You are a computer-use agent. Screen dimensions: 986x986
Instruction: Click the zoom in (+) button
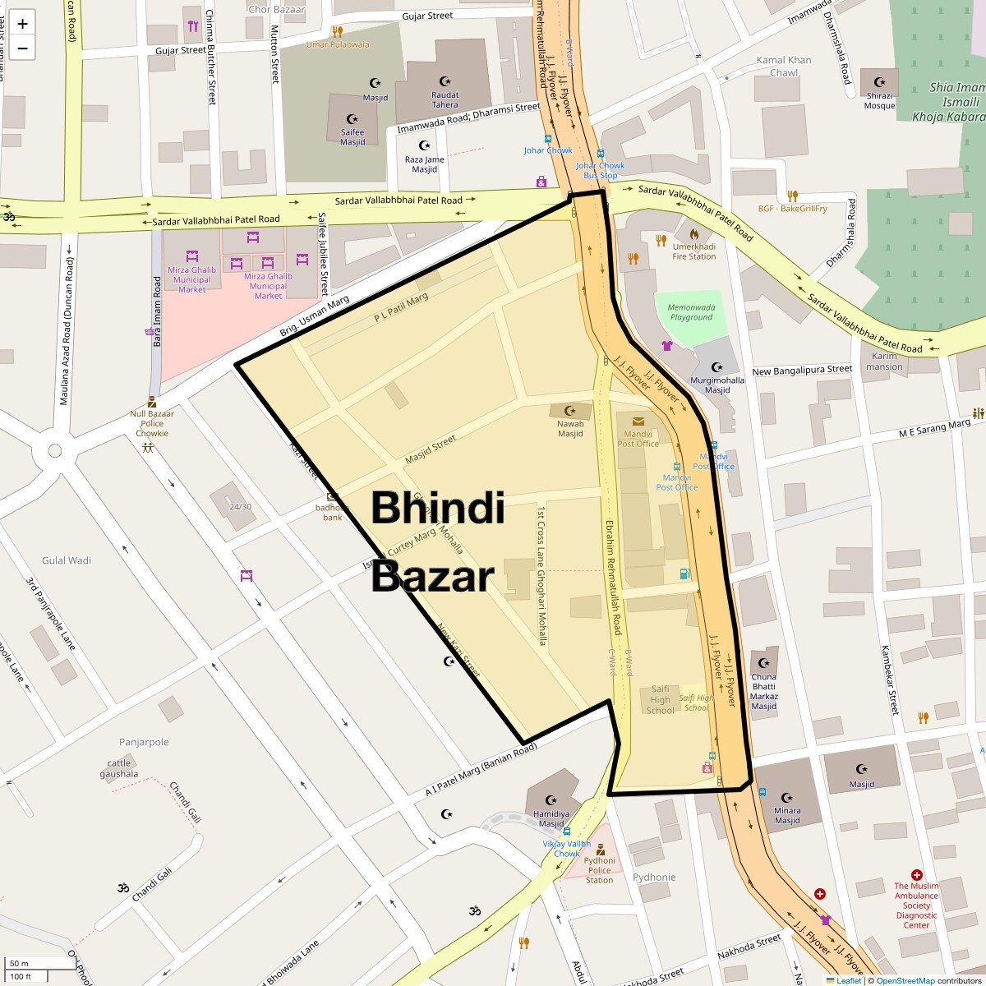[x=22, y=24]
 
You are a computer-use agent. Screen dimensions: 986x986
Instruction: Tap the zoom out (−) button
[x=22, y=48]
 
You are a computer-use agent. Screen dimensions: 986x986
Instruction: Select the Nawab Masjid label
[x=570, y=429]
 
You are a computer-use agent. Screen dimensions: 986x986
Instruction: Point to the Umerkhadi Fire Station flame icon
[x=694, y=233]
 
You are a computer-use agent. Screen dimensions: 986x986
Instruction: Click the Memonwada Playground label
[x=691, y=312]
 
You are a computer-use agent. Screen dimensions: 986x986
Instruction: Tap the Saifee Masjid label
[x=352, y=136]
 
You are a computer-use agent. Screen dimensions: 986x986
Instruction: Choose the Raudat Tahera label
[x=445, y=99]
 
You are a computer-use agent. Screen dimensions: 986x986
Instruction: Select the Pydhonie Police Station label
[x=599, y=870]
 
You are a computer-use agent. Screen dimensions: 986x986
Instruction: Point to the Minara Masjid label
[x=786, y=815]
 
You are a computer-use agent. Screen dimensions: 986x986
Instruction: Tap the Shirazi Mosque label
[x=879, y=100]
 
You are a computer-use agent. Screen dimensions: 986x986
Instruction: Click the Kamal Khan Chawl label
[x=784, y=67]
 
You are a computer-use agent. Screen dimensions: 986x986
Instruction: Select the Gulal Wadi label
[x=67, y=560]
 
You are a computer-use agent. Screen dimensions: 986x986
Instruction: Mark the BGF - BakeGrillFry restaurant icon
[x=792, y=196]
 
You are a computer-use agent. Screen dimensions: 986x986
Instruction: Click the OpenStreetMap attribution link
[x=905, y=980]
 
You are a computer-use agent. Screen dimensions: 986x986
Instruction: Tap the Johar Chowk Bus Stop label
[x=600, y=170]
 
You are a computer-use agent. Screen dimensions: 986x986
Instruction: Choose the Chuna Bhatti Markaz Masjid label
[x=763, y=692]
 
